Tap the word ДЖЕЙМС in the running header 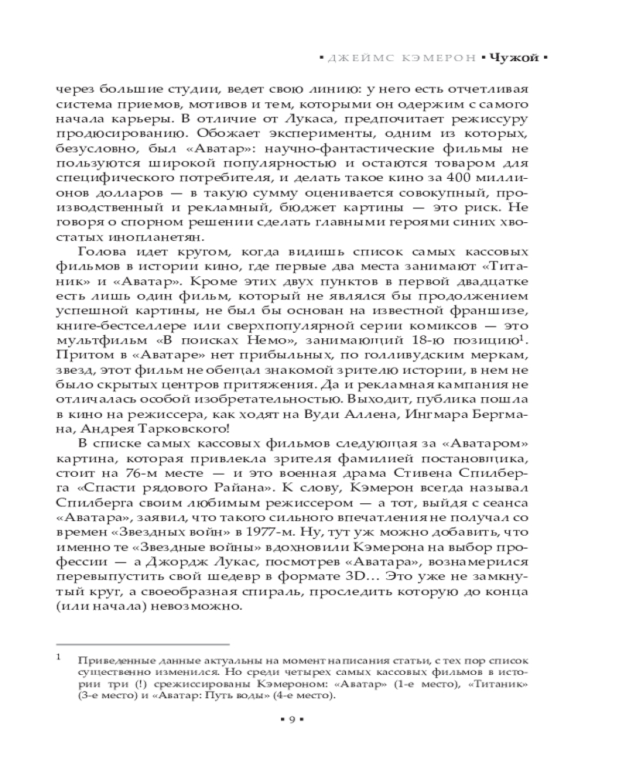click(355, 57)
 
